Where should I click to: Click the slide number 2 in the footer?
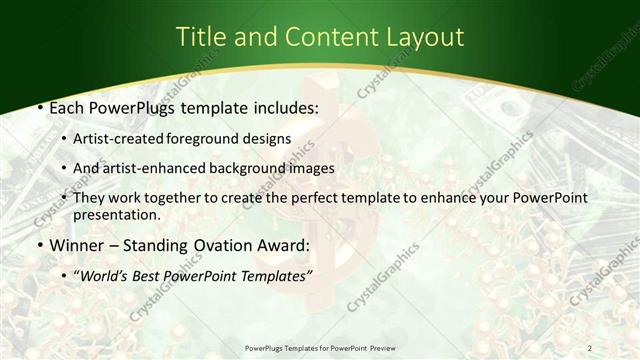[x=589, y=348]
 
